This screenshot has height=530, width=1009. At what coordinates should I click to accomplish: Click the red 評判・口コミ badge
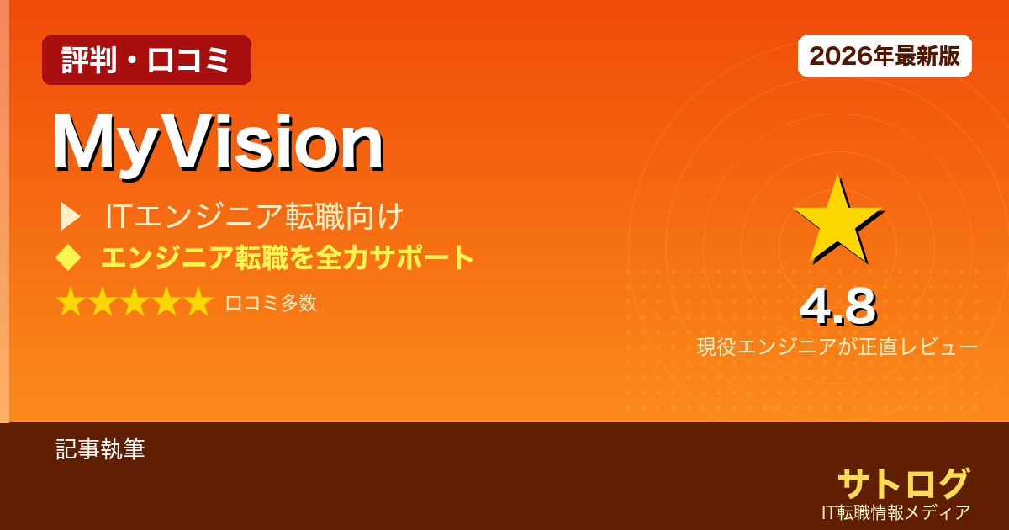point(146,61)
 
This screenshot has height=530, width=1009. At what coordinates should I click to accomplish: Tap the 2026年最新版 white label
point(885,56)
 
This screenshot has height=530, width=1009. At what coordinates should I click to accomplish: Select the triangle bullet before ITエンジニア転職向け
point(70,217)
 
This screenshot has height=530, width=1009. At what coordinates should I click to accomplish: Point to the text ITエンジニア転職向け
point(255,217)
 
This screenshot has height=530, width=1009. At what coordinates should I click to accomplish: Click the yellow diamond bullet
point(68,257)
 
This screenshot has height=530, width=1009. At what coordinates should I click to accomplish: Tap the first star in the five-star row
point(70,302)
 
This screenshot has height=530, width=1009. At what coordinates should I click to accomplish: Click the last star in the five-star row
point(198,302)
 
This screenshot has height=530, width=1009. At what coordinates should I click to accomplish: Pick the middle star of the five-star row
point(135,302)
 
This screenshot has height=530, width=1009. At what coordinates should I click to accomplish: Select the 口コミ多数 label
point(271,303)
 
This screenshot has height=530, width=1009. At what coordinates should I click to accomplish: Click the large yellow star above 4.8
point(836,220)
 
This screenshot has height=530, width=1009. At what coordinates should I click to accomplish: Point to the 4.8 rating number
point(837,307)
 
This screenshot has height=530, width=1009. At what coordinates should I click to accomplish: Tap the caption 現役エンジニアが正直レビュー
point(837,347)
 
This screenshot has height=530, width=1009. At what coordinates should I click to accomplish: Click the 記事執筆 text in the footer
point(100,449)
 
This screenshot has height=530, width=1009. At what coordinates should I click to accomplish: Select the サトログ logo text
point(903,483)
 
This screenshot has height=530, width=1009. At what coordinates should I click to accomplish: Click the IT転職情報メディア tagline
point(896,511)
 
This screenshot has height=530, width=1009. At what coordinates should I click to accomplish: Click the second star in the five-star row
point(102,302)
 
